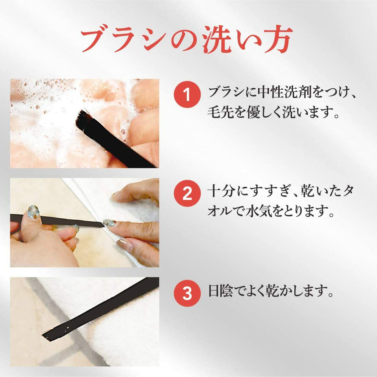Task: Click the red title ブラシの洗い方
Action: [x=187, y=39]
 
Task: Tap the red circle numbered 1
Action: [x=187, y=94]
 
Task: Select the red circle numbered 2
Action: [x=187, y=193]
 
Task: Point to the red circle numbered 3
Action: [x=187, y=293]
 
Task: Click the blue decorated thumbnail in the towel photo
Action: [x=33, y=212]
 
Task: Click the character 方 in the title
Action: [x=279, y=39]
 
